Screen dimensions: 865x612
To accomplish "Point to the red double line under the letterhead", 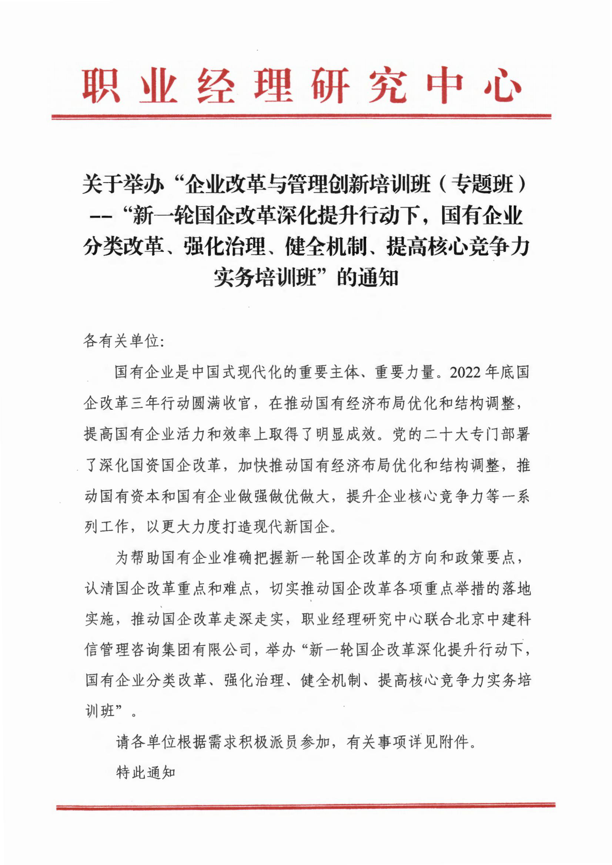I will pos(301,117).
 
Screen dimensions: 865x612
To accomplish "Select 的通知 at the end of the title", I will pos(367,278).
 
